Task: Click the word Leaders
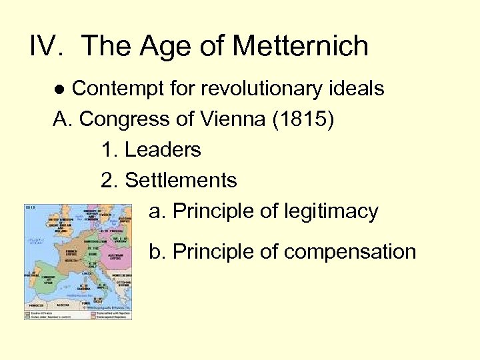click(x=163, y=150)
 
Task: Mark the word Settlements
click(x=181, y=181)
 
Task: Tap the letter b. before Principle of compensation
click(x=157, y=252)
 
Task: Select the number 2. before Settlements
click(x=109, y=181)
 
